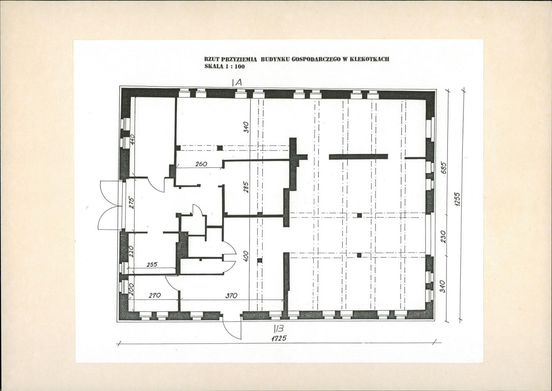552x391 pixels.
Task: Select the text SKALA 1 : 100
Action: tap(224, 66)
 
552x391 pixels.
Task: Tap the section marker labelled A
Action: tap(237, 83)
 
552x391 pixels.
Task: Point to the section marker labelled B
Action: tap(279, 329)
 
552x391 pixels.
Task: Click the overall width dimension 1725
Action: tap(279, 338)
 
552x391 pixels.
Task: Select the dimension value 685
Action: tap(444, 168)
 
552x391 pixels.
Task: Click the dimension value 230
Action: tap(443, 237)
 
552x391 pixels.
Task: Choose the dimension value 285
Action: tap(246, 187)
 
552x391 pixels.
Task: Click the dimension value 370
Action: tap(231, 296)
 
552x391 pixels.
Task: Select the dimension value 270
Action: tap(155, 295)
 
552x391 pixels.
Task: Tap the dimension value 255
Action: tap(152, 264)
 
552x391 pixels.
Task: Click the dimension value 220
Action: tap(131, 252)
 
